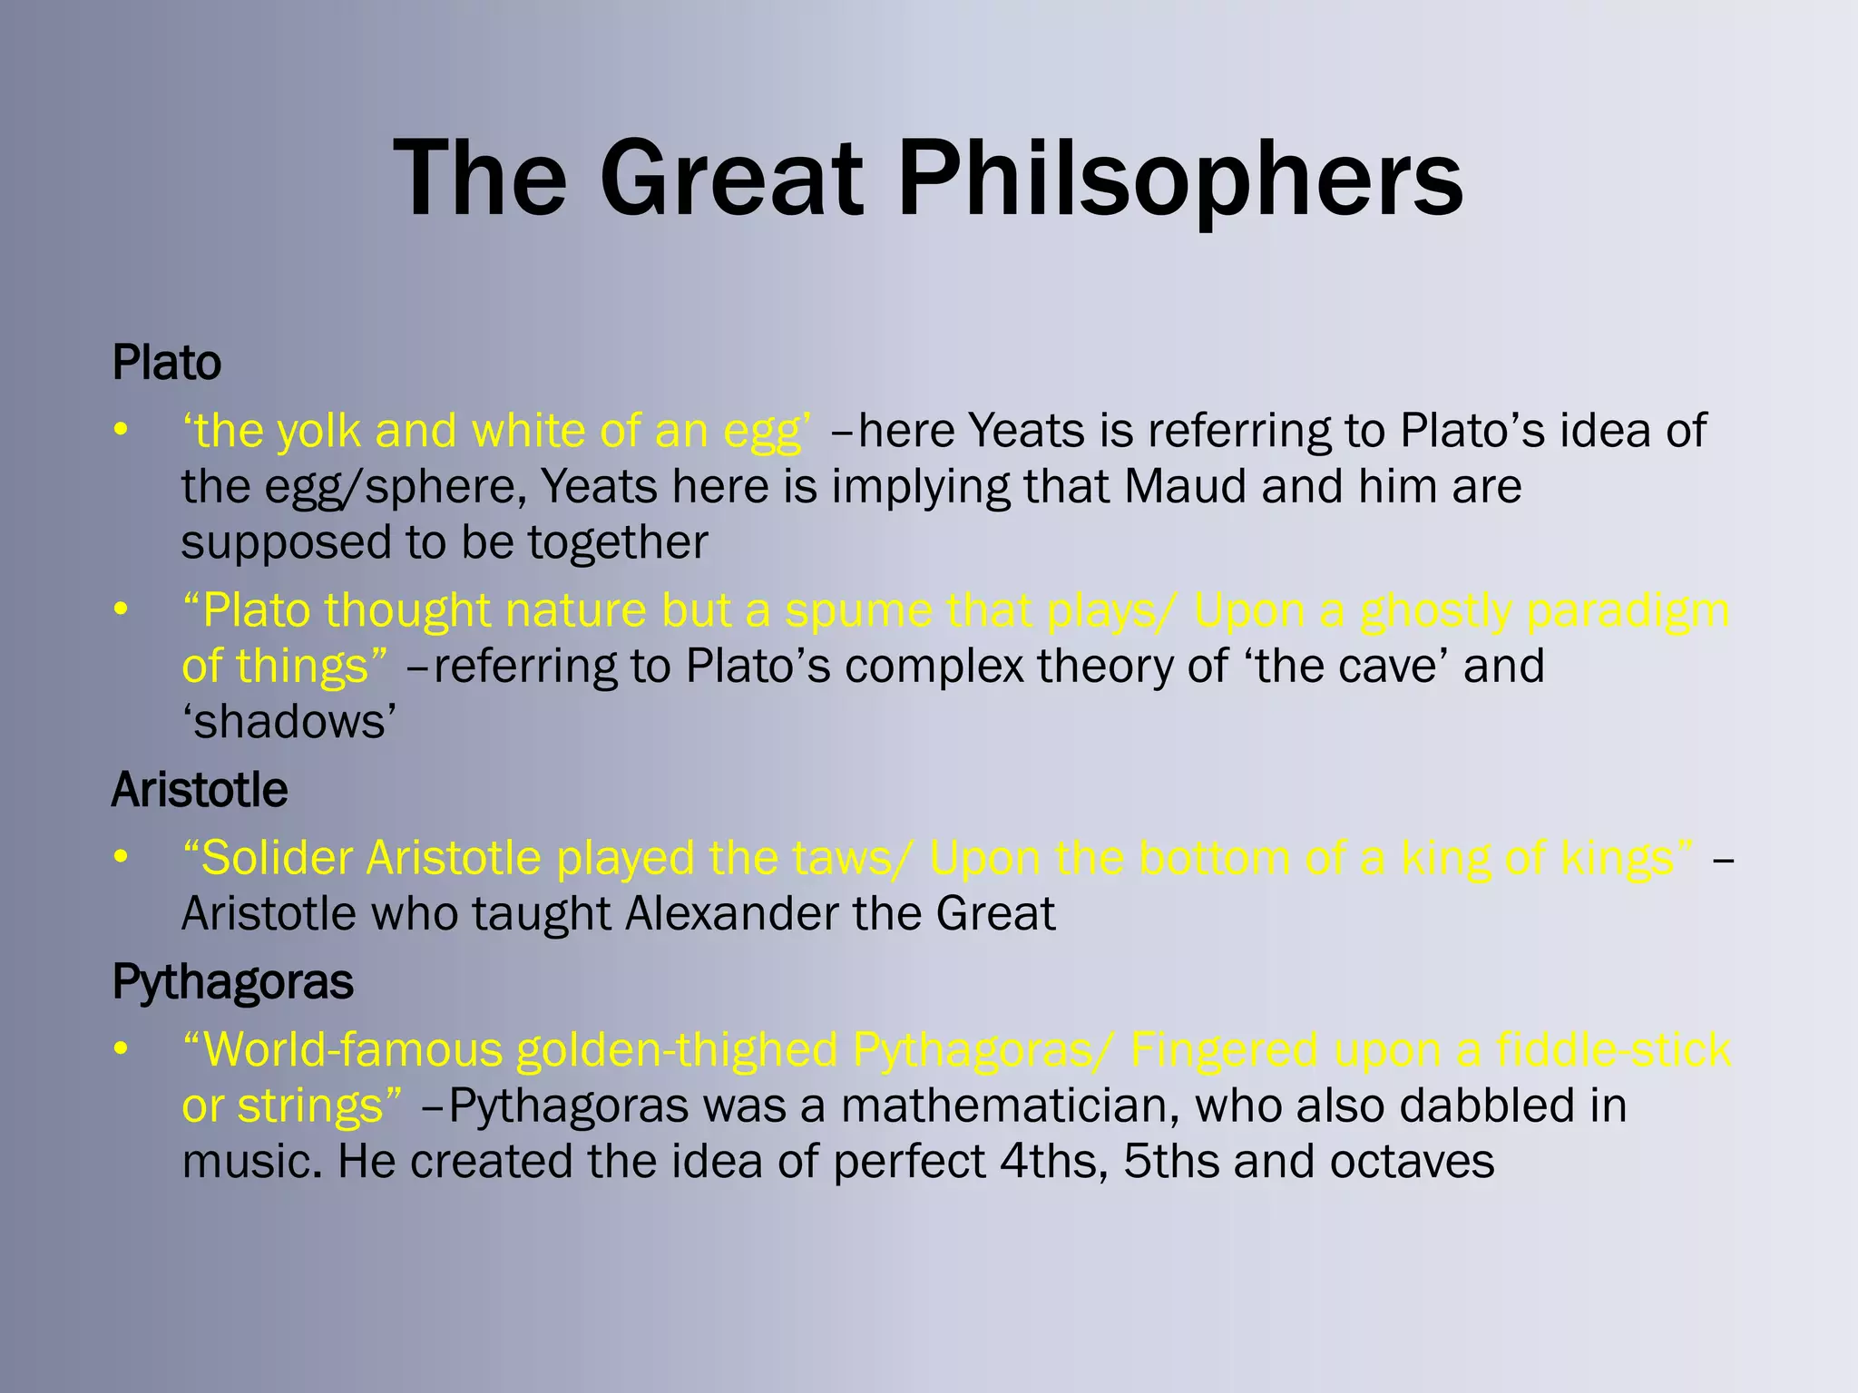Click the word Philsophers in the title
click(x=1179, y=179)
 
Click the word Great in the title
click(x=731, y=179)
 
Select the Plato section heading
click(x=166, y=363)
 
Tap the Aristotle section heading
click(x=200, y=790)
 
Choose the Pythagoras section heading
click(x=232, y=982)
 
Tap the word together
click(x=617, y=543)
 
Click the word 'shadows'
click(x=289, y=723)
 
